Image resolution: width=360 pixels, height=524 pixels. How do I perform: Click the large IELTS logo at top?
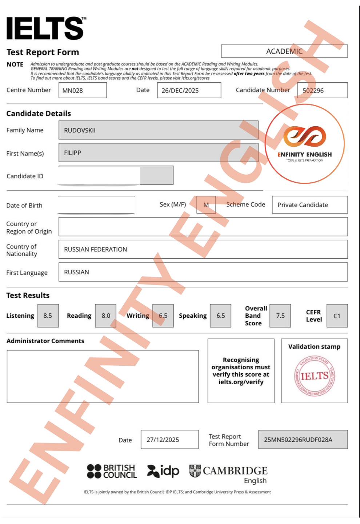(45, 28)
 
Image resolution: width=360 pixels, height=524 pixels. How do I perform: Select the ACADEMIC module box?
(284, 51)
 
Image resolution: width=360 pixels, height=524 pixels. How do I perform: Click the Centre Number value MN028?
(83, 90)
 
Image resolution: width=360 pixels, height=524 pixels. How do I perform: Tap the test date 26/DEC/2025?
(189, 90)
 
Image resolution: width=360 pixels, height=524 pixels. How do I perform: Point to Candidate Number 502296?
(322, 90)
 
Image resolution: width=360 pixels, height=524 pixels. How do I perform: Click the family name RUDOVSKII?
(158, 130)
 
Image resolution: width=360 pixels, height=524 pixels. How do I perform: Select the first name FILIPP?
(158, 153)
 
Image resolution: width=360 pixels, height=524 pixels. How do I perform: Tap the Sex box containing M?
(206, 205)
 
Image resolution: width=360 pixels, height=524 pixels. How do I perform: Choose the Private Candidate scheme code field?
(309, 205)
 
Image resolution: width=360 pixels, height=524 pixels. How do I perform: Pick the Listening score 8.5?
(48, 316)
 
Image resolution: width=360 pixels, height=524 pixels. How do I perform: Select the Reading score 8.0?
(106, 316)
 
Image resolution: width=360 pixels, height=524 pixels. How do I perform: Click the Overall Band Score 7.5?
(280, 316)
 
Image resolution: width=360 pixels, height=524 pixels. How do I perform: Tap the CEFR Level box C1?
(337, 316)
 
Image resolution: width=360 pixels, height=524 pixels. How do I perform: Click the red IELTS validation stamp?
(314, 376)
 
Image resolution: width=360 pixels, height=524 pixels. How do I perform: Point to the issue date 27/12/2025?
(169, 440)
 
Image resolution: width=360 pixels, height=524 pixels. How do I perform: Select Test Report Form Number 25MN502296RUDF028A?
(303, 440)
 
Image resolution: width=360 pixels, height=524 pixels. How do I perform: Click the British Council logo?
(112, 471)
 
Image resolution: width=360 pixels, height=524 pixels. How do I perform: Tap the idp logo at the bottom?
(163, 471)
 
